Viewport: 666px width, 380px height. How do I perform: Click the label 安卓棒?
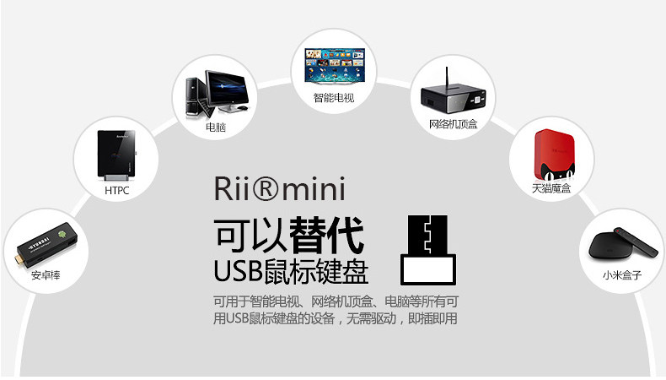tap(46, 275)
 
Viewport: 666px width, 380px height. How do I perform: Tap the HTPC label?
tap(116, 191)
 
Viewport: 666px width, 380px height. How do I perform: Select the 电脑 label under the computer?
tap(215, 128)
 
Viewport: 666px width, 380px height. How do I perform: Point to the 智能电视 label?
tap(333, 98)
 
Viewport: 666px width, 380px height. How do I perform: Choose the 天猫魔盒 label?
tap(551, 187)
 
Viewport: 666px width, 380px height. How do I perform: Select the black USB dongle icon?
tap(428, 249)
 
